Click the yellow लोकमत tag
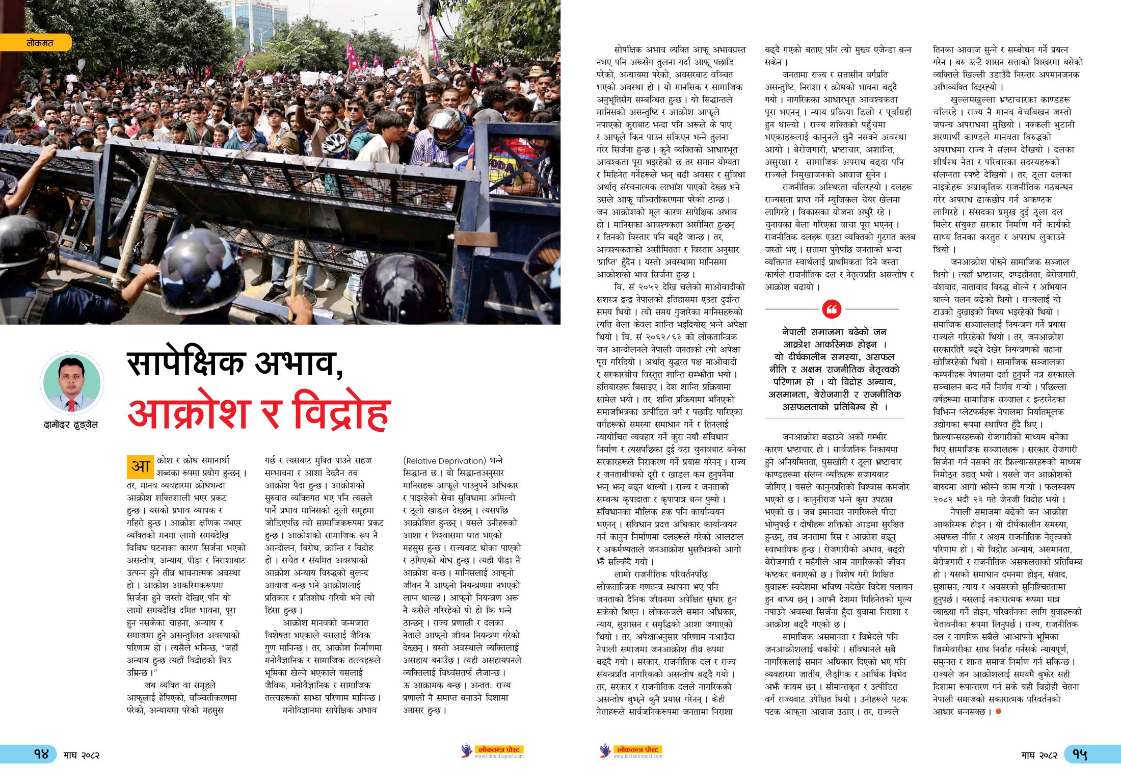(x=39, y=43)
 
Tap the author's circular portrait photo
(x=72, y=383)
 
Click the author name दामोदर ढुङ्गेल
(x=71, y=425)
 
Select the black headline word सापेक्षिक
(x=186, y=363)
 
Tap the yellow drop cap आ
(x=140, y=466)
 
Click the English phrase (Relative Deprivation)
(x=444, y=461)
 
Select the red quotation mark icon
(x=832, y=309)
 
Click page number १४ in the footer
(x=40, y=754)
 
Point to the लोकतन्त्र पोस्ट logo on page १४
(x=492, y=751)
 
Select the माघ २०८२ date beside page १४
(x=82, y=755)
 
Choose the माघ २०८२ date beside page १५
(x=1039, y=755)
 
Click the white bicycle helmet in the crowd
(x=334, y=144)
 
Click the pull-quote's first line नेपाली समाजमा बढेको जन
(x=834, y=332)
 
